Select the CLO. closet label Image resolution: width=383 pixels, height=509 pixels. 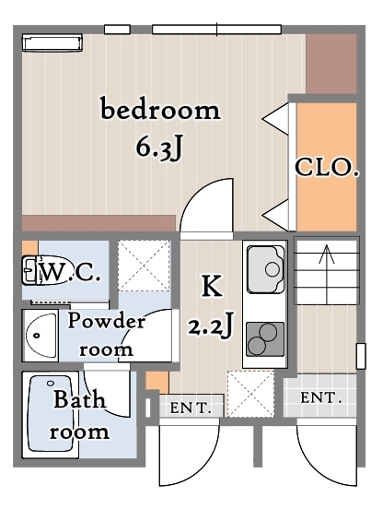[x=327, y=167]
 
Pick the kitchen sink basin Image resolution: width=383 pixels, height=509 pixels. [x=265, y=269]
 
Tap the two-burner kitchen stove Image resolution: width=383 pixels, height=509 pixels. [x=265, y=339]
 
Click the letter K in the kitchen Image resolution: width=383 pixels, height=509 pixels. [x=213, y=286]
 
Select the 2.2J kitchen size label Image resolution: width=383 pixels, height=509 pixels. [x=211, y=326]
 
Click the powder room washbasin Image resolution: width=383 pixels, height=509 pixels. [x=41, y=336]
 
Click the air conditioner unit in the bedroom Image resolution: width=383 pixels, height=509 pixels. [x=52, y=42]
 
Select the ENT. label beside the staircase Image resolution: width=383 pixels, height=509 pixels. [x=320, y=398]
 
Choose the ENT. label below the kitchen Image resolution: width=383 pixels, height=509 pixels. [x=191, y=408]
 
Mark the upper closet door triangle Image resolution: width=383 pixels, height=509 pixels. [x=275, y=119]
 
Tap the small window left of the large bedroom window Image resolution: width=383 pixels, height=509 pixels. [x=117, y=30]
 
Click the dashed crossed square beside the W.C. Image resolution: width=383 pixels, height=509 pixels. [x=144, y=266]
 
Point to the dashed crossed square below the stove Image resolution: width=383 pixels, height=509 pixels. [x=250, y=394]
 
